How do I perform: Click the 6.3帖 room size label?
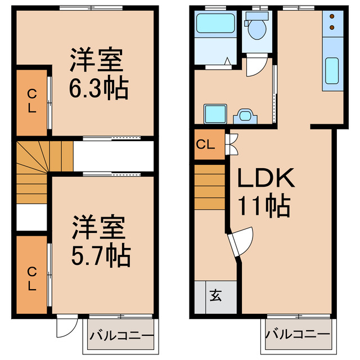point(99,88)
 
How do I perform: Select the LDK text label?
point(265,179)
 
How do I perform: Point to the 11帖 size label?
point(265,206)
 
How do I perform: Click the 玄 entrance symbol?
point(216,295)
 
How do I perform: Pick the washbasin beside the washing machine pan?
point(246,115)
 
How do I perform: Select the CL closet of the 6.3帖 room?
point(31,101)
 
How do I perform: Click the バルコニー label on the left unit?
point(120,336)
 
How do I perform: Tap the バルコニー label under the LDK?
point(298,334)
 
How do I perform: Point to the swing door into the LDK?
point(241,241)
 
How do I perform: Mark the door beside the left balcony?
point(67,326)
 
